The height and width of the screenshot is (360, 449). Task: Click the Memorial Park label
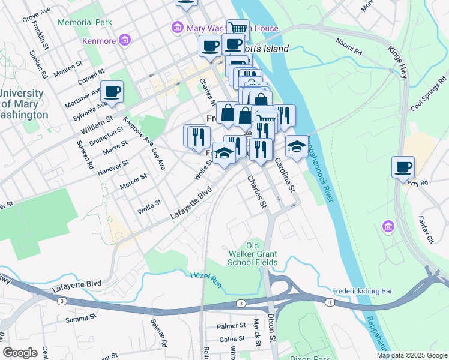pyautogui.click(x=85, y=22)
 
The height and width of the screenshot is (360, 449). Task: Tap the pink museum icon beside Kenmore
pyautogui.click(x=125, y=41)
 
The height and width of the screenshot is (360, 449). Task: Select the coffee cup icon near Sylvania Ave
pyautogui.click(x=112, y=92)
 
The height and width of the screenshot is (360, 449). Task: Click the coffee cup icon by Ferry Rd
pyautogui.click(x=403, y=167)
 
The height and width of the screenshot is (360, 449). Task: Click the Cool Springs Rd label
pyautogui.click(x=429, y=95)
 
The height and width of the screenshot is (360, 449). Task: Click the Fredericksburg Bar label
pyautogui.click(x=362, y=291)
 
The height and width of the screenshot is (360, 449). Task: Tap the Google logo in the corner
pyautogui.click(x=20, y=353)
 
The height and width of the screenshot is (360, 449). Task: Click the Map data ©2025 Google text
pyautogui.click(x=411, y=355)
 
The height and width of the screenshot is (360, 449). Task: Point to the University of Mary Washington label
pyautogui.click(x=22, y=104)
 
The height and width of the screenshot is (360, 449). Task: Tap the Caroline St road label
pyautogui.click(x=285, y=175)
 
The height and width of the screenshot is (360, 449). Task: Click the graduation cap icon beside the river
pyautogui.click(x=296, y=146)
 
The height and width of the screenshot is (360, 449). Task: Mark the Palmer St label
pyautogui.click(x=232, y=326)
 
